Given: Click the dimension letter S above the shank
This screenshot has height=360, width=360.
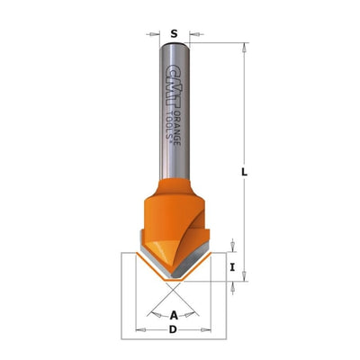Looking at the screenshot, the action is pos(174,33).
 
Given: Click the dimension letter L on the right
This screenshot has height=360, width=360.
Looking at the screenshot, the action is pos(245,172).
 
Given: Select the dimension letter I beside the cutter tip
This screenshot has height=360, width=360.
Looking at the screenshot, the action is pos(232,266).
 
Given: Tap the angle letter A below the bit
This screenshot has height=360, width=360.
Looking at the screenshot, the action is pos(174,315).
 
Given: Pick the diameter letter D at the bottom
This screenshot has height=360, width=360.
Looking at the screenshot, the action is pos(173,329).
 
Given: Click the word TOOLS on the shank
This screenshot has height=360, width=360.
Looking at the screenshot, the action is pos(170,124).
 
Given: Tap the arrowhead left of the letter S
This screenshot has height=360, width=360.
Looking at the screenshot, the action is pos(154,34).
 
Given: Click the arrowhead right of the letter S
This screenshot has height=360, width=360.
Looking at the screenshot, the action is pos(195,34).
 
